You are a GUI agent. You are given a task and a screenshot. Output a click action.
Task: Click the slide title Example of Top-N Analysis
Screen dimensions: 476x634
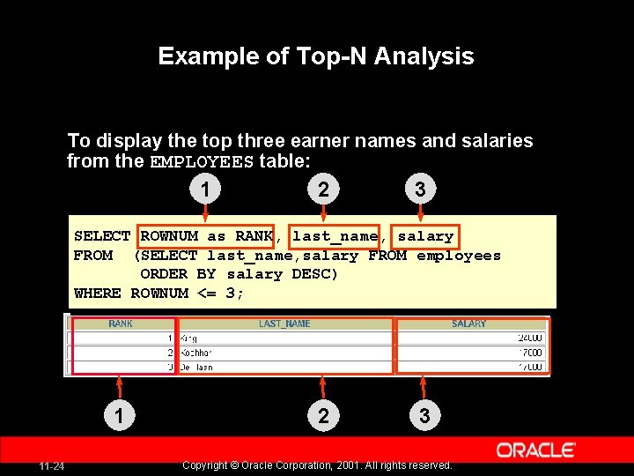[x=316, y=57]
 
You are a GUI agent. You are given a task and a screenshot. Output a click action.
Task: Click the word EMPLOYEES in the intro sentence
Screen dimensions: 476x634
[x=203, y=162]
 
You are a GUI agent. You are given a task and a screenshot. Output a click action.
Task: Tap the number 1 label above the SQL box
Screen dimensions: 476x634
[x=204, y=190]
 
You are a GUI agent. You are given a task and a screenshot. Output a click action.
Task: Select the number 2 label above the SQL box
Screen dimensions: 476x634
[x=323, y=190]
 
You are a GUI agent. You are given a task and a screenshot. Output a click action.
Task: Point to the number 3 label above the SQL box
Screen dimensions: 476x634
[x=420, y=190]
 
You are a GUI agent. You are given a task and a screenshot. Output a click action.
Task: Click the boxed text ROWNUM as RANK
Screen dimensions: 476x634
[x=206, y=236]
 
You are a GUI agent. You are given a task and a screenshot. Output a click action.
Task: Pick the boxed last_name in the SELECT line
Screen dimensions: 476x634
[x=335, y=236]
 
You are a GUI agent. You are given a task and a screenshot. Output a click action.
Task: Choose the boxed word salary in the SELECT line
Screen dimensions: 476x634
[x=425, y=236]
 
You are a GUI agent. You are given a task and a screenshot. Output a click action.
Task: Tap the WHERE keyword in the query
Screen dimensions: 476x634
[x=98, y=294]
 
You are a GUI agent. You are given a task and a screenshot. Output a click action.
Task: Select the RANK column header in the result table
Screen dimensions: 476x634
[x=121, y=324]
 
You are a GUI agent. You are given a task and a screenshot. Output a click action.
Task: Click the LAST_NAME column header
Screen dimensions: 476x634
[x=284, y=324]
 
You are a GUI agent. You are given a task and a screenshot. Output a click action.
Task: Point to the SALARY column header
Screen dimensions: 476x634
[x=468, y=324]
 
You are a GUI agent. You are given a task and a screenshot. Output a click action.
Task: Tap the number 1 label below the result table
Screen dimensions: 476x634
[x=117, y=415]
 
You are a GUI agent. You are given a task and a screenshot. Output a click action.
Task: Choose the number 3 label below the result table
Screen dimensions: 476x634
[x=424, y=415]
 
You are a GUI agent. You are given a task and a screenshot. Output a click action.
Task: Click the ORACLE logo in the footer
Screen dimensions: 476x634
[x=536, y=450]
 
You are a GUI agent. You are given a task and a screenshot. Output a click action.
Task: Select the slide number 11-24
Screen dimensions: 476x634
[x=50, y=465]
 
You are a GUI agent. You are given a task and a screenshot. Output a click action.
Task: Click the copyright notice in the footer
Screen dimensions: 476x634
[x=316, y=465]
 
